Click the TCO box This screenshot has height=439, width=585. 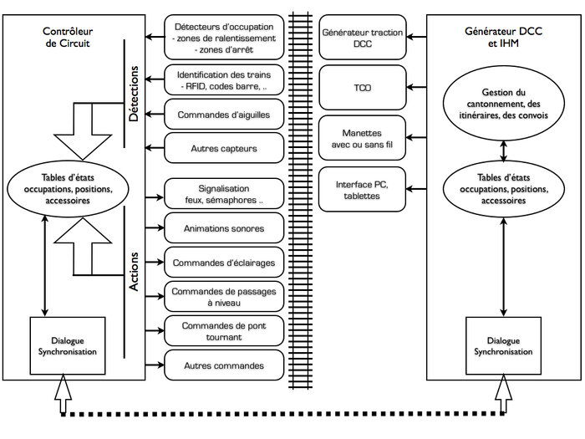click(x=362, y=88)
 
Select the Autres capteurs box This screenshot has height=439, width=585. click(x=224, y=148)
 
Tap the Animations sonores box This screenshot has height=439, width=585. click(x=224, y=228)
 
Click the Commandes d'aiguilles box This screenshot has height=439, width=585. click(x=224, y=115)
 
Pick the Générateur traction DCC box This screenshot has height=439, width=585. click(x=362, y=38)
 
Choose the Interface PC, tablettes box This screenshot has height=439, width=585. click(x=362, y=190)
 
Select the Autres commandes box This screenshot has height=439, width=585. click(x=224, y=365)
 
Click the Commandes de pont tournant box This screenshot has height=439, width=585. click(x=224, y=331)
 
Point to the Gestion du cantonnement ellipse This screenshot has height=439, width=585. click(x=503, y=104)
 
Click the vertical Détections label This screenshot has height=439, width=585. click(x=133, y=94)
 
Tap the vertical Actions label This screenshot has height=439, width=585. click(x=133, y=272)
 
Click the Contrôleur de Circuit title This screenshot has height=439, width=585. click(x=68, y=37)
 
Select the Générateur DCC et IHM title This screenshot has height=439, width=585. click(x=503, y=37)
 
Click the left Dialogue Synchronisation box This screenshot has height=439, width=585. click(x=68, y=345)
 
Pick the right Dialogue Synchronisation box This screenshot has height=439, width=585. click(x=503, y=345)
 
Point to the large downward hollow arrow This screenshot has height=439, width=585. click(x=83, y=131)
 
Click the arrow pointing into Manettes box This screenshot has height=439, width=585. click(x=416, y=138)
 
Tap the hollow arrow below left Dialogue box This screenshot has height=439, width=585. click(x=63, y=394)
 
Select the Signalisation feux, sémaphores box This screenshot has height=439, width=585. click(x=224, y=194)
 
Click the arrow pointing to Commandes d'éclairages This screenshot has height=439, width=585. click(x=155, y=262)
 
